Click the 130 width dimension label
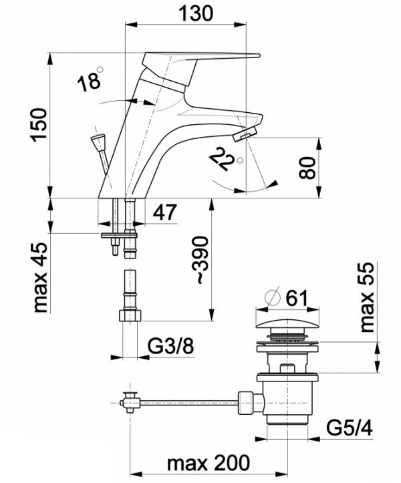(196, 13)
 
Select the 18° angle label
(90, 79)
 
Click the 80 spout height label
(307, 168)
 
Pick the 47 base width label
(165, 212)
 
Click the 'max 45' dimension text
(40, 277)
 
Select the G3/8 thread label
(170, 346)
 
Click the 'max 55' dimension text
(367, 297)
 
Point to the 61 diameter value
(297, 298)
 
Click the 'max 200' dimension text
(208, 462)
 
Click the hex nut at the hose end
(130, 316)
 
